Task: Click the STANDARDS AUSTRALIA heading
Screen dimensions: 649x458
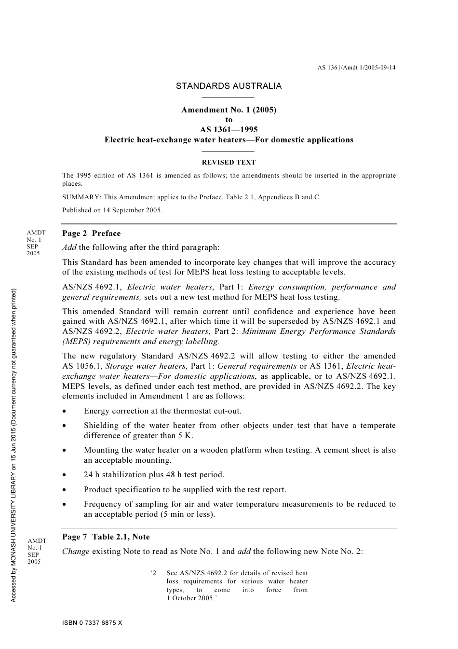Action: coord(229,86)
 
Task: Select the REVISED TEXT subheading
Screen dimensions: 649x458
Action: coord(229,163)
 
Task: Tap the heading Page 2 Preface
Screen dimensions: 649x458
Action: coord(92,234)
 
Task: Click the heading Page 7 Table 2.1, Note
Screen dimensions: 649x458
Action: coord(106,537)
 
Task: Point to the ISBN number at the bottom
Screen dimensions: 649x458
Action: coord(92,623)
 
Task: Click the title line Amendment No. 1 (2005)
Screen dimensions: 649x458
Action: coord(229,110)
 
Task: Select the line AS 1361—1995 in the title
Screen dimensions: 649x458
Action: coord(229,130)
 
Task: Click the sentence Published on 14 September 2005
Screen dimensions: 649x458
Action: coord(112,210)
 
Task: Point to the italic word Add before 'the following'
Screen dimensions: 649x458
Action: coord(69,248)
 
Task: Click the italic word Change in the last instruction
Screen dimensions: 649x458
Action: coord(76,552)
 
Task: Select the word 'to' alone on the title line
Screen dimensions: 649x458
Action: coord(229,120)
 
